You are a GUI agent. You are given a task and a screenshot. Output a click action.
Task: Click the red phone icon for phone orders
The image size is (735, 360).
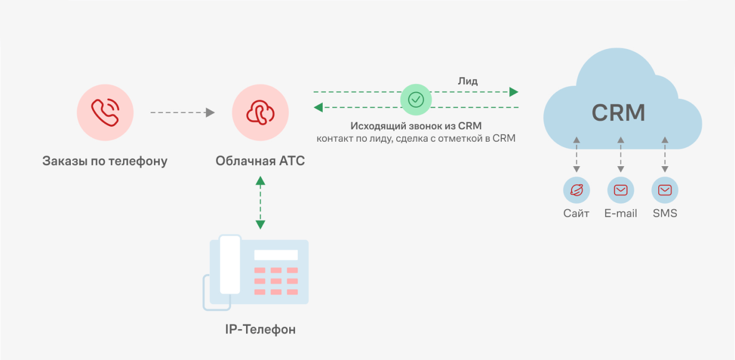pos(104,112)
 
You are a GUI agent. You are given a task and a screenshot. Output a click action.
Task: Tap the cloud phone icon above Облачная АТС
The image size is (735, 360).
pos(260,112)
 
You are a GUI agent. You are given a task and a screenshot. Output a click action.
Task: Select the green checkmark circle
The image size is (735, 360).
pos(416,99)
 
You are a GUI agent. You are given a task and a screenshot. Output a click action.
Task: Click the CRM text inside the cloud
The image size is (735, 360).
pos(618,112)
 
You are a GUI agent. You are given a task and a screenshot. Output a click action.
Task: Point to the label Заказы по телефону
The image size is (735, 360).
pos(105,161)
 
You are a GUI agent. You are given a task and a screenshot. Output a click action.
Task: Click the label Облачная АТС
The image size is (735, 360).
pos(260,161)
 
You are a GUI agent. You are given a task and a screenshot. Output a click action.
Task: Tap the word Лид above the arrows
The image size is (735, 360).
pos(468,81)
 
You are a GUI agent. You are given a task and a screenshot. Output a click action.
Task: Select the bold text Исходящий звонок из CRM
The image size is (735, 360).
pos(416,126)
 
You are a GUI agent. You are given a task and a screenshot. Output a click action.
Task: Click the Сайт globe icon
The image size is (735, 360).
pos(576,190)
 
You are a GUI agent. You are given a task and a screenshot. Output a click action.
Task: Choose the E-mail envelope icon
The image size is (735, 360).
pos(620,190)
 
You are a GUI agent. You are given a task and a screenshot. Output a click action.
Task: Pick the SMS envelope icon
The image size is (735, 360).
pos(665,190)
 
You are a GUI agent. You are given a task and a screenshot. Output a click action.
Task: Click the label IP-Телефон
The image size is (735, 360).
pos(260,330)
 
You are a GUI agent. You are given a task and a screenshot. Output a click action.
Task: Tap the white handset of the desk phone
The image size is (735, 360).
pos(230,265)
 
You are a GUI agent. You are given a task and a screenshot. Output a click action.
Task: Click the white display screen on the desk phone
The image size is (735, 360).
pos(276,255)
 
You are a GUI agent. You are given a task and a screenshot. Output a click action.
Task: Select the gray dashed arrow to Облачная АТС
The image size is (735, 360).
pos(182,112)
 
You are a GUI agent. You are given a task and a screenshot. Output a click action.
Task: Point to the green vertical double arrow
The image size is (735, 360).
pos(260,202)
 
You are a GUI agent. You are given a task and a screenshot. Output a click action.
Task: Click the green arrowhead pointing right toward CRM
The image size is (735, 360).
pos(513,92)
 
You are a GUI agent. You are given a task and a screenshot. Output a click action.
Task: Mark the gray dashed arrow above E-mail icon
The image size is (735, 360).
pos(620,154)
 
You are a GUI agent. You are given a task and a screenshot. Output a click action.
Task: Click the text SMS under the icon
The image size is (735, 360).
pos(665,214)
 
